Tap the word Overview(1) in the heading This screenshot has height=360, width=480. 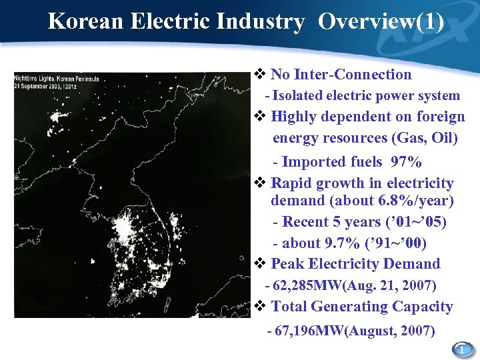381,21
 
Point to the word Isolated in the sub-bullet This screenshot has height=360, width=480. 297,96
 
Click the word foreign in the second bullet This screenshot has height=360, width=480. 440,117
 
